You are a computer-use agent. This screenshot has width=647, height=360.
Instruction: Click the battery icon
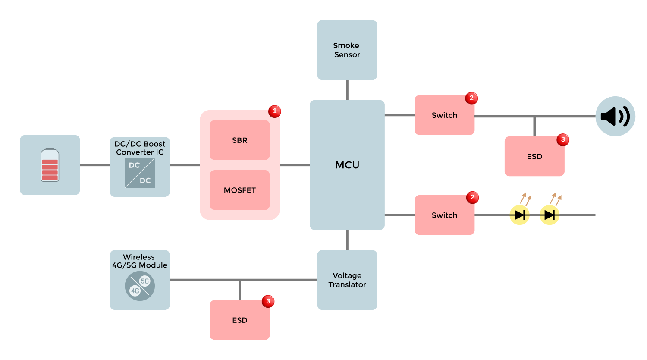pos(50,165)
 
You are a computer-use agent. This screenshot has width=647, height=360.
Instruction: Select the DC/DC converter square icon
pos(140,173)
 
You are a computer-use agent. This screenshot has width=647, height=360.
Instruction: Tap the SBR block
pos(240,140)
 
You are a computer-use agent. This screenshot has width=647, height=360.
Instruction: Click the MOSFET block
pos(240,190)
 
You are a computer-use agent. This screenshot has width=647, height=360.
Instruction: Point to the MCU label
pos(347,165)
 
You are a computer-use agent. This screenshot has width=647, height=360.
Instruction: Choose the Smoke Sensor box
pos(347,50)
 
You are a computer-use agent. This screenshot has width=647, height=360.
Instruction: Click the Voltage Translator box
pos(347,280)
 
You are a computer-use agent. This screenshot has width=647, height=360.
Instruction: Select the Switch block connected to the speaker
pos(444,115)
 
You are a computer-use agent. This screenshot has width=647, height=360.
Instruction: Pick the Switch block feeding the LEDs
pos(444,215)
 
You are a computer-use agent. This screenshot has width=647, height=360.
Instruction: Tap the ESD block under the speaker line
pos(534,156)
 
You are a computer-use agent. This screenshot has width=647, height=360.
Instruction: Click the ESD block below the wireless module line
pos(240,320)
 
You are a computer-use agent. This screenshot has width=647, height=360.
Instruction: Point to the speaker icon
pos(615,116)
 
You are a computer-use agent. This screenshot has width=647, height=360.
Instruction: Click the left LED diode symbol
pos(519,215)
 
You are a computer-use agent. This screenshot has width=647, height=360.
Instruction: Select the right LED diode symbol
pos(550,215)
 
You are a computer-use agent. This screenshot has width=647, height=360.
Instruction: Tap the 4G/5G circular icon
pos(140,286)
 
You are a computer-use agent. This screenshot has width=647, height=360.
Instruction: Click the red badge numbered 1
pos(275,111)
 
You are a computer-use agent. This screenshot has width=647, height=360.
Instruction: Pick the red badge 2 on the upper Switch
pos(471,98)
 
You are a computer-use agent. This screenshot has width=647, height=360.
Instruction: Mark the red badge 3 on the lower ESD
pos(268,301)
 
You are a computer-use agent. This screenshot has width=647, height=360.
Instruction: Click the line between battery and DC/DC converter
pos(95,165)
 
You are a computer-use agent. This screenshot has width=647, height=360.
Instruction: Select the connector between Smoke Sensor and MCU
pos(347,90)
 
